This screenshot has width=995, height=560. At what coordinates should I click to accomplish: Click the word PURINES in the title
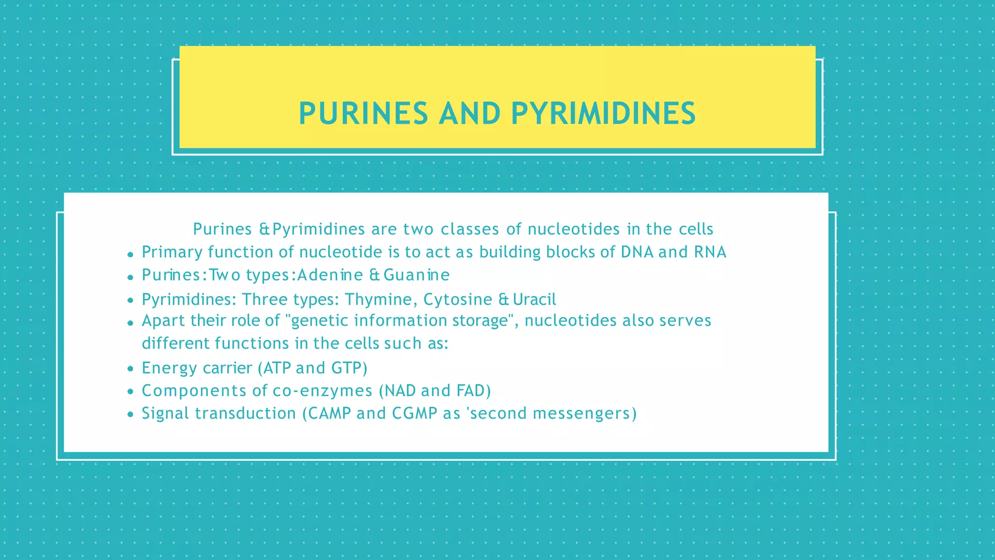363,114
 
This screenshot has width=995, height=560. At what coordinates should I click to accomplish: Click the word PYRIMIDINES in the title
603,114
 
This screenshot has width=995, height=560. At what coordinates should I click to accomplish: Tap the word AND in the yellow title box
469,114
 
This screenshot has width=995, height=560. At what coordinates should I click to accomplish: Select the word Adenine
330,275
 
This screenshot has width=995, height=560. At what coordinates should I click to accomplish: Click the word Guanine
416,275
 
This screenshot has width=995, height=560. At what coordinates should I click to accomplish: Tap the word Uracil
534,299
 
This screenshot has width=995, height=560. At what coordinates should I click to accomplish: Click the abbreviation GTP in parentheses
347,368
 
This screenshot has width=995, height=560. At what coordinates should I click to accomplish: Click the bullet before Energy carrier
130,369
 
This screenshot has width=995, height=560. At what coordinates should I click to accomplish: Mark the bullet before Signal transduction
130,415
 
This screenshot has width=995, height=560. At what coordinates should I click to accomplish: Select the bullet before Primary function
130,254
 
